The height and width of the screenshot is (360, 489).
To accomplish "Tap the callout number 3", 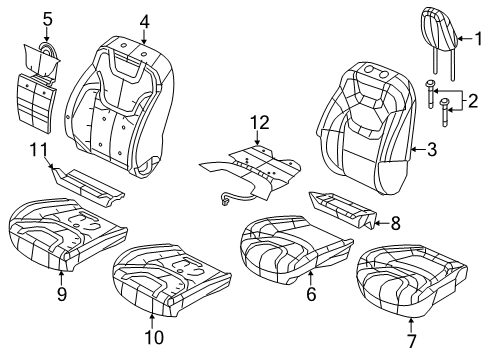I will click(431, 150).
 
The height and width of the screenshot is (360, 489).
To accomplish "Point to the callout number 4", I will click(144, 20).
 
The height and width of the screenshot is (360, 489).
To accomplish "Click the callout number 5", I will click(47, 17).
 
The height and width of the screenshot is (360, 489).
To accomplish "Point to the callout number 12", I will click(260, 124).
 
